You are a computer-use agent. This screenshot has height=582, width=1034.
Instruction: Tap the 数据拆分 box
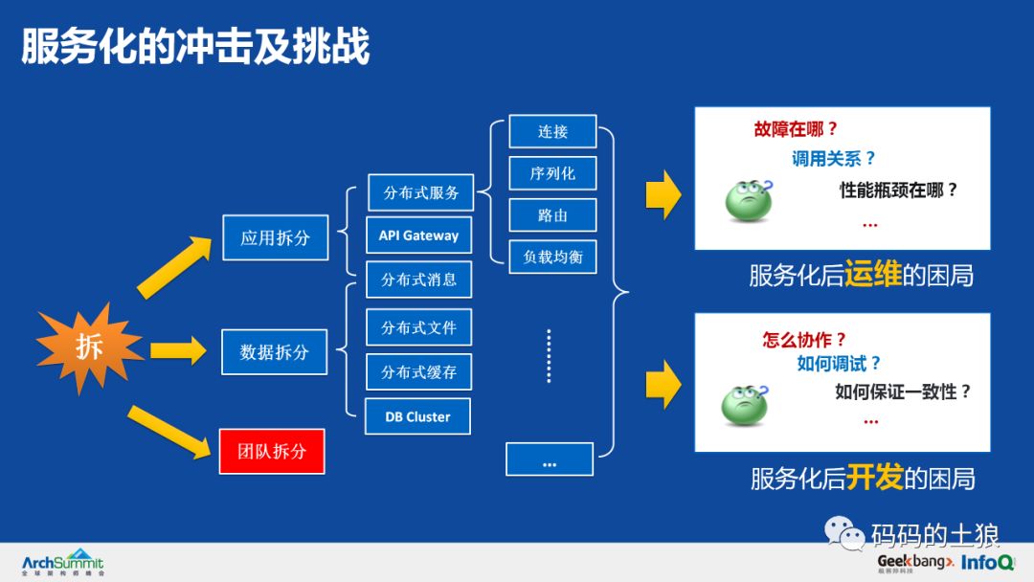pyautogui.click(x=275, y=352)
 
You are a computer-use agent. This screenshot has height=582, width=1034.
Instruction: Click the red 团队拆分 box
pyautogui.click(x=272, y=451)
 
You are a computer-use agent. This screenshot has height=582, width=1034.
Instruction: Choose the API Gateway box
pyautogui.click(x=418, y=235)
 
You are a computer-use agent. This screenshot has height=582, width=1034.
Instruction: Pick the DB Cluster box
pyautogui.click(x=417, y=416)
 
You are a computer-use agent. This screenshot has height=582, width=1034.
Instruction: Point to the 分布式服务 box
pyautogui.click(x=421, y=192)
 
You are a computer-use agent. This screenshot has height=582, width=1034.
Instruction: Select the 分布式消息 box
pyautogui.click(x=418, y=280)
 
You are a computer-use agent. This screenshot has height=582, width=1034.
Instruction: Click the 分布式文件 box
pyautogui.click(x=418, y=327)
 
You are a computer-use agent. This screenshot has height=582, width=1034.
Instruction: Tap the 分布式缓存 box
pyautogui.click(x=418, y=371)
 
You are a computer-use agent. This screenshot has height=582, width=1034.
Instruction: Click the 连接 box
pyautogui.click(x=552, y=132)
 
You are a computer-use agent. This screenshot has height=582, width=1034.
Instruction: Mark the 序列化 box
pyautogui.click(x=552, y=173)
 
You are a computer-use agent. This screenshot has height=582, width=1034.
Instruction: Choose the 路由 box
pyautogui.click(x=552, y=215)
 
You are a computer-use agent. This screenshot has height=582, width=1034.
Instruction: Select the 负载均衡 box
pyautogui.click(x=552, y=257)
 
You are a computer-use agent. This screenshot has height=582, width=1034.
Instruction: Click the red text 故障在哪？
pyautogui.click(x=796, y=129)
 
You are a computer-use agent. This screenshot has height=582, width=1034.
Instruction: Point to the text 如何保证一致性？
pyautogui.click(x=903, y=391)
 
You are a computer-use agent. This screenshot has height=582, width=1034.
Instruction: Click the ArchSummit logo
pyautogui.click(x=62, y=562)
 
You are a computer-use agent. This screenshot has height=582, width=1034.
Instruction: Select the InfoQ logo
pyautogui.click(x=988, y=562)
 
